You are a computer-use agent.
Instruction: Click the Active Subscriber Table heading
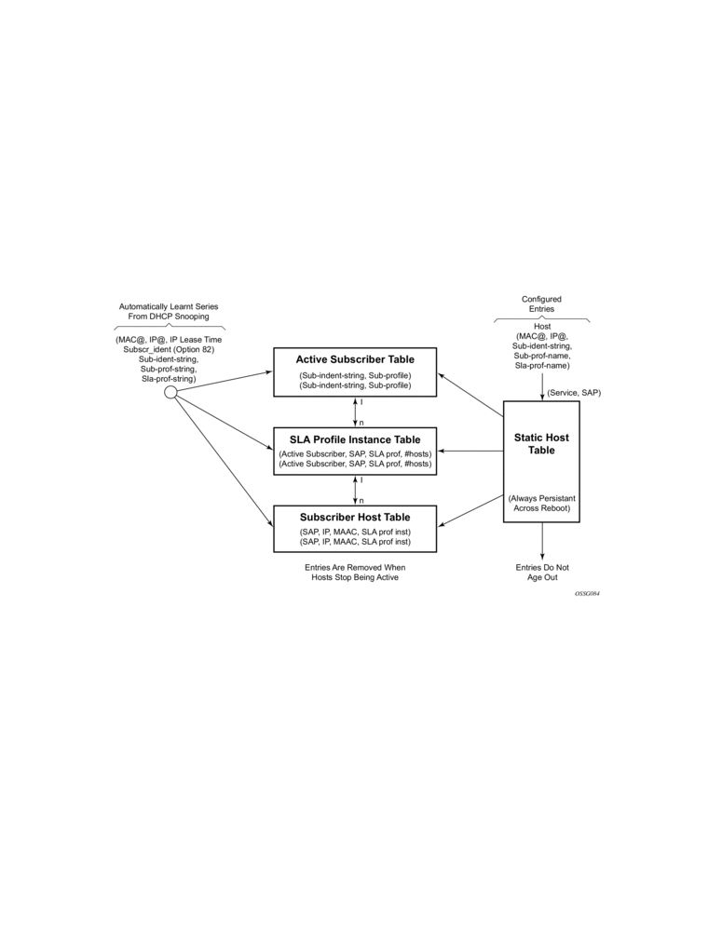point(355,359)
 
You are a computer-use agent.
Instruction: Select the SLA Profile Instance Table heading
point(355,439)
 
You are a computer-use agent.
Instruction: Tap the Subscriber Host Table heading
point(355,517)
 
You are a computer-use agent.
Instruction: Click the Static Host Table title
point(541,443)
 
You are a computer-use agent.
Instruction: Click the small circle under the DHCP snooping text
point(170,392)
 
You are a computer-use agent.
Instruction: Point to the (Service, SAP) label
point(574,393)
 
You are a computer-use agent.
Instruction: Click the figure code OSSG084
point(587,593)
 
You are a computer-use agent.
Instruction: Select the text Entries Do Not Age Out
point(542,573)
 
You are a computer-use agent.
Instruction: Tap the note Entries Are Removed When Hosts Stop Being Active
point(355,573)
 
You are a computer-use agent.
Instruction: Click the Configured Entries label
point(541,304)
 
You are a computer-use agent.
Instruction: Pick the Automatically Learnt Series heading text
point(169,306)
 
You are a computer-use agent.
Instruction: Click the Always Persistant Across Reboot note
point(541,504)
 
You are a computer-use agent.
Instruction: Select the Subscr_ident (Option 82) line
point(169,349)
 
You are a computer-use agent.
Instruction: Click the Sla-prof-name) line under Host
point(542,366)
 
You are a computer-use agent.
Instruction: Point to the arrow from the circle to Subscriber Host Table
point(224,462)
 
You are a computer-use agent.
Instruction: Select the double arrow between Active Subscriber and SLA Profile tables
point(355,412)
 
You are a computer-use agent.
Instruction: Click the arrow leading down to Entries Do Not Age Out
point(542,541)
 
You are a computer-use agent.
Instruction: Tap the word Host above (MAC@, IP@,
point(542,326)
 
